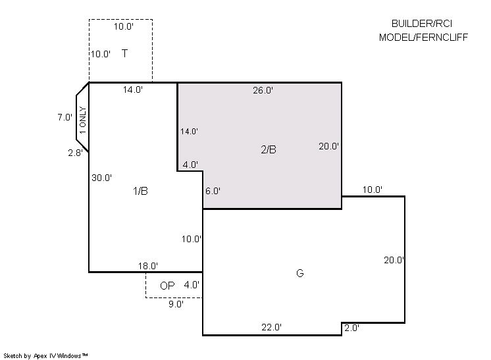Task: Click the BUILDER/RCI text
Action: pyautogui.click(x=422, y=24)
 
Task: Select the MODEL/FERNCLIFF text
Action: pyautogui.click(x=423, y=38)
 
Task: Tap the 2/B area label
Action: pyautogui.click(x=269, y=149)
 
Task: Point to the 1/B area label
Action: pyautogui.click(x=140, y=191)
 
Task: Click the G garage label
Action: pyautogui.click(x=299, y=273)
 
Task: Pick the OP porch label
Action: pyautogui.click(x=167, y=286)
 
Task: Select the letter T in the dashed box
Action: pyautogui.click(x=124, y=53)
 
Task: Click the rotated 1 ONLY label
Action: pyautogui.click(x=83, y=120)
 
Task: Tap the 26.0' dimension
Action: pyautogui.click(x=263, y=90)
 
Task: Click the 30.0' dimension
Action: pyautogui.click(x=101, y=178)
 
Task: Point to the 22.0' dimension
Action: pyautogui.click(x=271, y=327)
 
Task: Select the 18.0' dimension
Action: pyautogui.click(x=148, y=266)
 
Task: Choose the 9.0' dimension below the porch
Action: pyautogui.click(x=176, y=304)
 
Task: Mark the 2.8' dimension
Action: pyautogui.click(x=76, y=153)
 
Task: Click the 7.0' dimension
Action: pyautogui.click(x=65, y=117)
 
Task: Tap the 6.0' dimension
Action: pyautogui.click(x=213, y=191)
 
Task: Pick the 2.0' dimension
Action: pyautogui.click(x=351, y=328)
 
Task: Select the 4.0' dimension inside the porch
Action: pyautogui.click(x=192, y=285)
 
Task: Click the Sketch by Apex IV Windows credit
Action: pyautogui.click(x=45, y=356)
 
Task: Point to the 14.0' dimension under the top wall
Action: pyautogui.click(x=133, y=90)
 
